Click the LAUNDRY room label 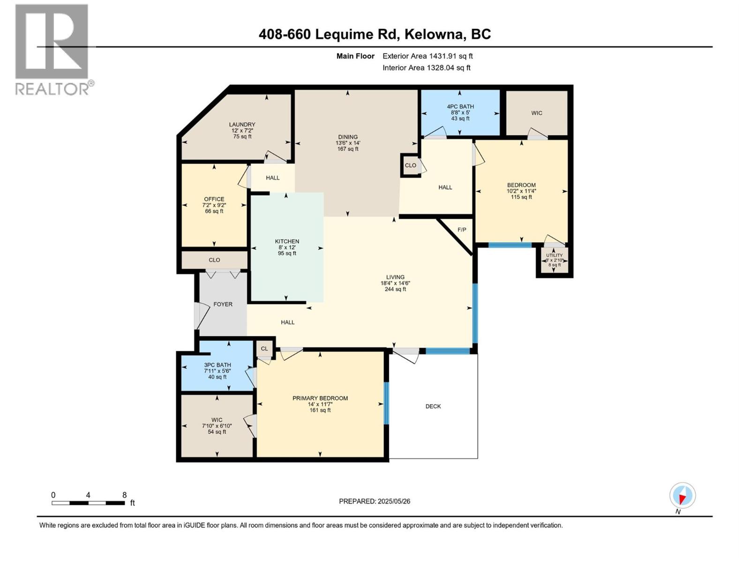242,125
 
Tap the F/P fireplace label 462,229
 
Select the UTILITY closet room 554,260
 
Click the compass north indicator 682,495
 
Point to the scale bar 88,503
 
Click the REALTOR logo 52,49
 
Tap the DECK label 433,406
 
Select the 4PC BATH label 460,107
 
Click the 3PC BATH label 217,365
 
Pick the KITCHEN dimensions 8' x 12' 287,247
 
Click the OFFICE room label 214,199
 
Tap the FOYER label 223,304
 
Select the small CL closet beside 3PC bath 264,348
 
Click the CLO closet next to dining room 410,165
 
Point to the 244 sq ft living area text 395,289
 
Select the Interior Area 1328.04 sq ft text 426,67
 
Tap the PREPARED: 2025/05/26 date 375,501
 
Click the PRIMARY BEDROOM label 320,398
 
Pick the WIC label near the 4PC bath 537,113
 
